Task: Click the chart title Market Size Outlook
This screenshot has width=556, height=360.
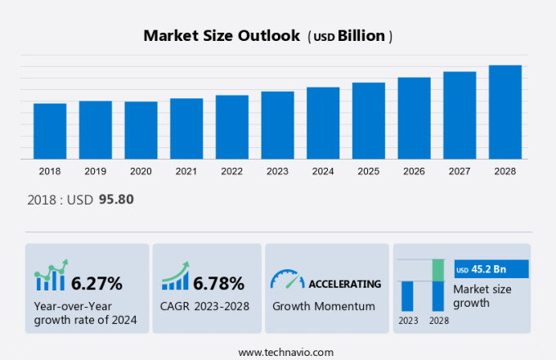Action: (221, 36)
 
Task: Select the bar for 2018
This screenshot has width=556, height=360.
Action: (50, 131)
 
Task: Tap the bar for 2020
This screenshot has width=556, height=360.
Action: (141, 130)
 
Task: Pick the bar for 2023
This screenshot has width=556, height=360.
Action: (277, 125)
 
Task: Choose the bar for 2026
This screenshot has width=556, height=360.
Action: (414, 118)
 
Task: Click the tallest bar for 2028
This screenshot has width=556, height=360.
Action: (504, 112)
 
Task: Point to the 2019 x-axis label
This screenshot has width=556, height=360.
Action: (95, 171)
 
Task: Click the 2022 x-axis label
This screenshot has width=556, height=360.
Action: (231, 171)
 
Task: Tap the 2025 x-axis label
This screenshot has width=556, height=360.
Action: (368, 171)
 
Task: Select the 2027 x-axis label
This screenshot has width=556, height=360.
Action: (460, 171)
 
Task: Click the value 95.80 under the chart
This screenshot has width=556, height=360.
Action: (116, 199)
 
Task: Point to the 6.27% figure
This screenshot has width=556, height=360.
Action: (96, 284)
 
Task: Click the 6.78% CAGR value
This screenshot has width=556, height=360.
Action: (217, 284)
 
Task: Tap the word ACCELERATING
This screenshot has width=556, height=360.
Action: (344, 284)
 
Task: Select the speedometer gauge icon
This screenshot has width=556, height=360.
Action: (286, 280)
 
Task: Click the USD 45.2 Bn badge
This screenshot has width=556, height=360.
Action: (491, 269)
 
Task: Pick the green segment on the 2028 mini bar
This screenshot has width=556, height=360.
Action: (437, 270)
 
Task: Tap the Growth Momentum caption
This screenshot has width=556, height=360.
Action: (324, 306)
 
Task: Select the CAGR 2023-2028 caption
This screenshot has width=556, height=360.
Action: (205, 306)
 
